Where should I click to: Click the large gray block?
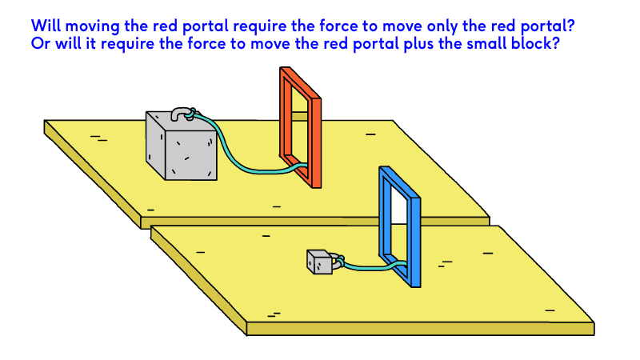pyautogui.click(x=181, y=148)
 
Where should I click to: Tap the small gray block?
pyautogui.click(x=319, y=262)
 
